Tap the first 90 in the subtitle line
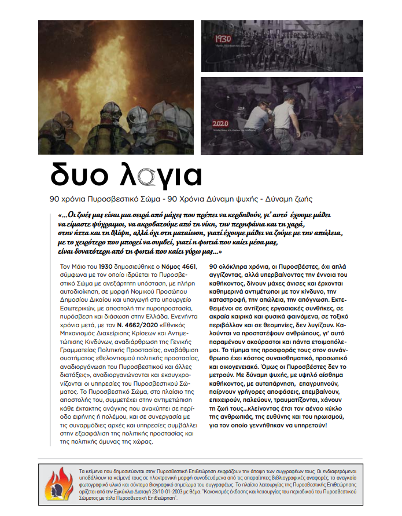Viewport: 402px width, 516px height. tap(56, 199)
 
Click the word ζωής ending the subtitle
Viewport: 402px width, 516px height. tap(301, 199)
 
